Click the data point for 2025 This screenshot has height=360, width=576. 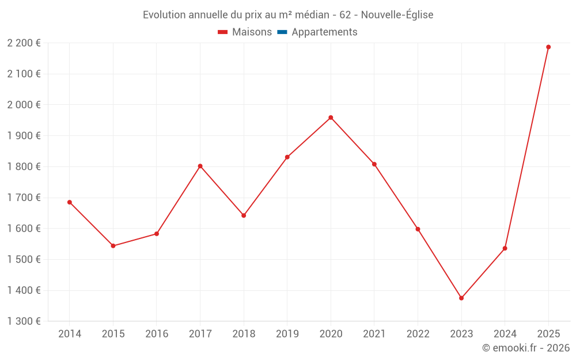click(x=548, y=47)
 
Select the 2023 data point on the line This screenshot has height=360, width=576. click(x=461, y=298)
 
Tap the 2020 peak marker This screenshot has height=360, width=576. click(x=331, y=118)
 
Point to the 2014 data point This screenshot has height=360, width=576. click(x=70, y=202)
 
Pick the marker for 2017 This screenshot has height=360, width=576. click(x=200, y=166)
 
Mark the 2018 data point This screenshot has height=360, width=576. click(x=244, y=215)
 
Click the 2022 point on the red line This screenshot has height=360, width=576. click(x=418, y=229)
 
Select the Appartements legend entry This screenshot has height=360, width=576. click(x=324, y=32)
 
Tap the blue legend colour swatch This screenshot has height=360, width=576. click(x=282, y=32)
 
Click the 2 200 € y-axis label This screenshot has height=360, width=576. click(x=24, y=43)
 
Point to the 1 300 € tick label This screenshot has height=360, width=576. click(x=24, y=321)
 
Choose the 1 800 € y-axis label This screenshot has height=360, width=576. click(x=24, y=166)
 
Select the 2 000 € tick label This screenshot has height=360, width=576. click(x=24, y=105)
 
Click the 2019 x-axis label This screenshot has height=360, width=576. click(x=287, y=334)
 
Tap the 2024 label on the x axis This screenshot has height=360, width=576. click(x=505, y=334)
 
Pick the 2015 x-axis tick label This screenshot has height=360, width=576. click(x=113, y=334)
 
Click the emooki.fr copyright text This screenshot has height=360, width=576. click(x=526, y=348)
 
